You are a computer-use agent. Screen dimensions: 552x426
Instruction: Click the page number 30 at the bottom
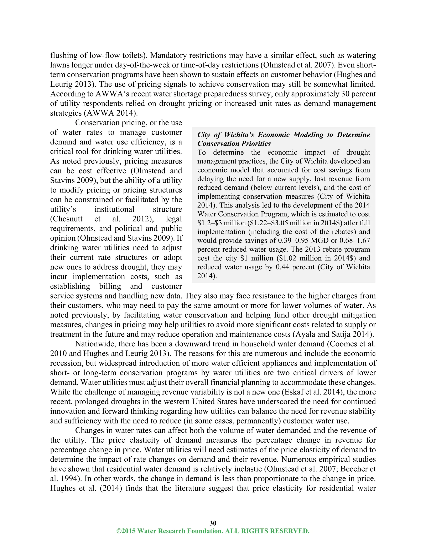click(213, 523)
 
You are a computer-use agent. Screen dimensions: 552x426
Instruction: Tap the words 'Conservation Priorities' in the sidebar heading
click(234, 144)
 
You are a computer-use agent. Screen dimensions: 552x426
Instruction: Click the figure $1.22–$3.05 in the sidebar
click(257, 223)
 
